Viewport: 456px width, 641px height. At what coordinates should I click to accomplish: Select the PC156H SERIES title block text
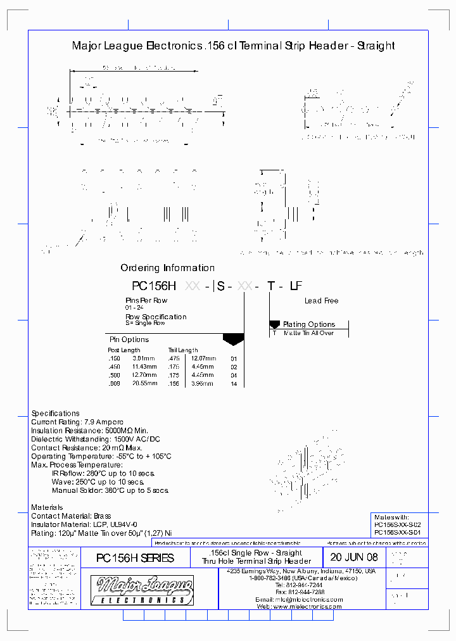134,558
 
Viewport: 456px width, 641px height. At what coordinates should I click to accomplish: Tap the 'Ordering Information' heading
167,268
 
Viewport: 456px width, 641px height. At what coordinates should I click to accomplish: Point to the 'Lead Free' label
321,301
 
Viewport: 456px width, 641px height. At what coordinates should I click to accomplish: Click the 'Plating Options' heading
308,324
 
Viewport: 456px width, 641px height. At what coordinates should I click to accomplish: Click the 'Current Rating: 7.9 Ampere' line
77,422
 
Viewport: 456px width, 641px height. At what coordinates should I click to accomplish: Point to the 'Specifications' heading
56,413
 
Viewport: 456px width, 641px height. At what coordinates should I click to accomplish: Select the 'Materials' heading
47,507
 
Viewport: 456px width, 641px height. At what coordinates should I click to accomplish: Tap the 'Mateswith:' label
392,517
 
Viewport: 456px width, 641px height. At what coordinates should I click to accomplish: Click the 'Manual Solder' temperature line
110,490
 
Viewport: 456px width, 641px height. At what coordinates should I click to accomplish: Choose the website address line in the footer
300,606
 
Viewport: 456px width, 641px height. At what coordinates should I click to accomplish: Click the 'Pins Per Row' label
146,300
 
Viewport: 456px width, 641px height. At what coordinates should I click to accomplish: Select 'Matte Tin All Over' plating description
308,333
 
